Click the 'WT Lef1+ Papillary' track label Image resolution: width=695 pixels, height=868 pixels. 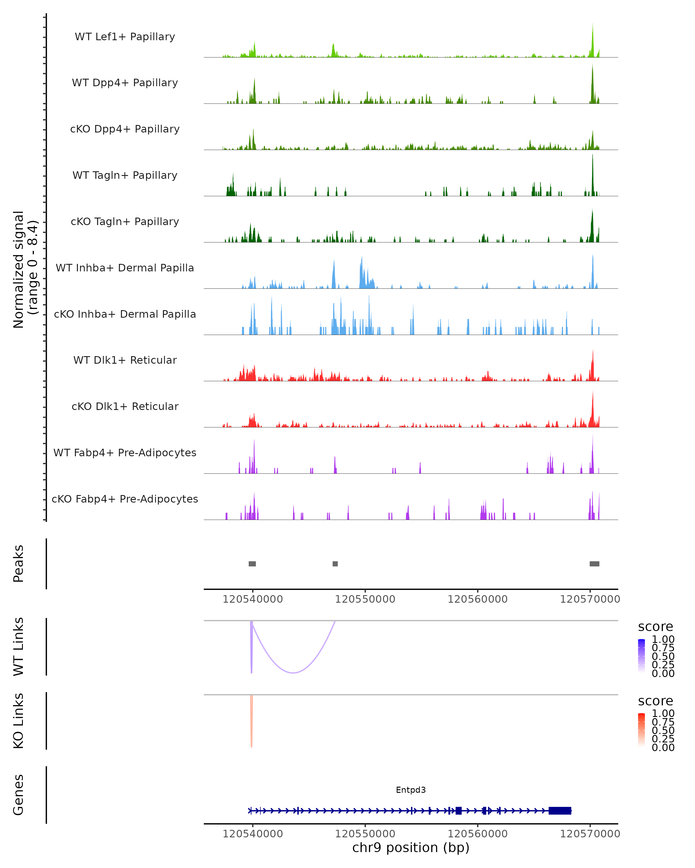125,37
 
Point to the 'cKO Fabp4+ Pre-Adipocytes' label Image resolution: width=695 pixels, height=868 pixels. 125,499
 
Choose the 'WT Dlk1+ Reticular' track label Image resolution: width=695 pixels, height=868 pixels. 125,360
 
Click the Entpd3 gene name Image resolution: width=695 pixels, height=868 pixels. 411,790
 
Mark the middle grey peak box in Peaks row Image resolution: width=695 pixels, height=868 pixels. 335,564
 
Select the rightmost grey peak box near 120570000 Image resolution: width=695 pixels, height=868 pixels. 594,564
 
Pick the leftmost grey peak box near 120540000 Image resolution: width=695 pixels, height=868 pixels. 252,564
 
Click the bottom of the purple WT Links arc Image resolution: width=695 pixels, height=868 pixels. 293,672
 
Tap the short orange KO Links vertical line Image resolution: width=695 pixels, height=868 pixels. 251,721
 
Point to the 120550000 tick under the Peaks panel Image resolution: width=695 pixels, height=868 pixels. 365,599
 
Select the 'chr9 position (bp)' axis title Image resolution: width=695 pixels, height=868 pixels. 411,847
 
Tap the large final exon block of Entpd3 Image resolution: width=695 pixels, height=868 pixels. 560,810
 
